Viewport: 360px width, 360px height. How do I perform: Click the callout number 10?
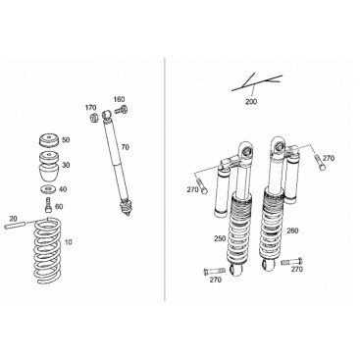click(69, 242)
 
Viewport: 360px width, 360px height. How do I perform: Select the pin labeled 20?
click(15, 226)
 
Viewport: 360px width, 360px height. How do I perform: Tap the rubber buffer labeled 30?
click(49, 167)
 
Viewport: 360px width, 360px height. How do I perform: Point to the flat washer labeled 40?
click(49, 189)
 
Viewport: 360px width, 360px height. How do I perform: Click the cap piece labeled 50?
click(49, 140)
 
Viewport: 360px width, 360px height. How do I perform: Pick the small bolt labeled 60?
click(49, 205)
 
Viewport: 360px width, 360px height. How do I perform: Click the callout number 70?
click(125, 147)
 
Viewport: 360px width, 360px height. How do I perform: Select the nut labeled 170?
click(93, 117)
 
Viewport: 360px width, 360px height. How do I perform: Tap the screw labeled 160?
click(121, 110)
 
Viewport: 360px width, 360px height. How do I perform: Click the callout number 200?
click(251, 102)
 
